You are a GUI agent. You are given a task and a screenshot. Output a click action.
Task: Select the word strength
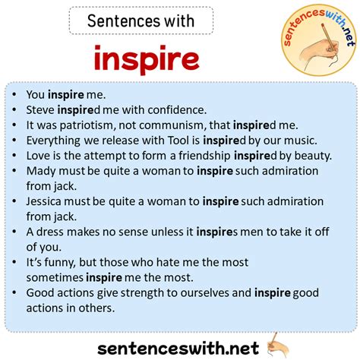[x=146, y=292]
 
